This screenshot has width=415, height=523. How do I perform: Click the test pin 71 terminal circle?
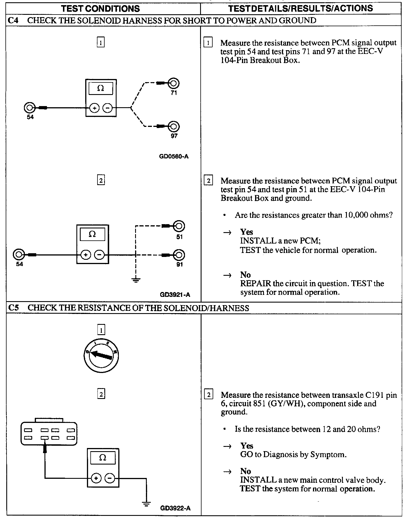(174, 84)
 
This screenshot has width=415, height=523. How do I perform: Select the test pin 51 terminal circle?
(179, 226)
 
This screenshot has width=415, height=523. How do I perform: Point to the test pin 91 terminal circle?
(179, 255)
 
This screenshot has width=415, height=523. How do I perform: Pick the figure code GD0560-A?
(174, 156)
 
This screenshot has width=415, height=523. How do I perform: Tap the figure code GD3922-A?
(175, 508)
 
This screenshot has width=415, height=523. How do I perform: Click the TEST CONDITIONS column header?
(101, 9)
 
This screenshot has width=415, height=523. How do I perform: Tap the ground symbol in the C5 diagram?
(146, 504)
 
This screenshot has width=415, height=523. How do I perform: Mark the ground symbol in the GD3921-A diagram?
(136, 280)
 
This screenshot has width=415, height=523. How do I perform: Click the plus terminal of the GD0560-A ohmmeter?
(94, 108)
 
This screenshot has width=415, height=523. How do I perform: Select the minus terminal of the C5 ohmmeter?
(110, 478)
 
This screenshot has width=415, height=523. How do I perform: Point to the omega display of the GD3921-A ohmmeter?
(92, 234)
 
